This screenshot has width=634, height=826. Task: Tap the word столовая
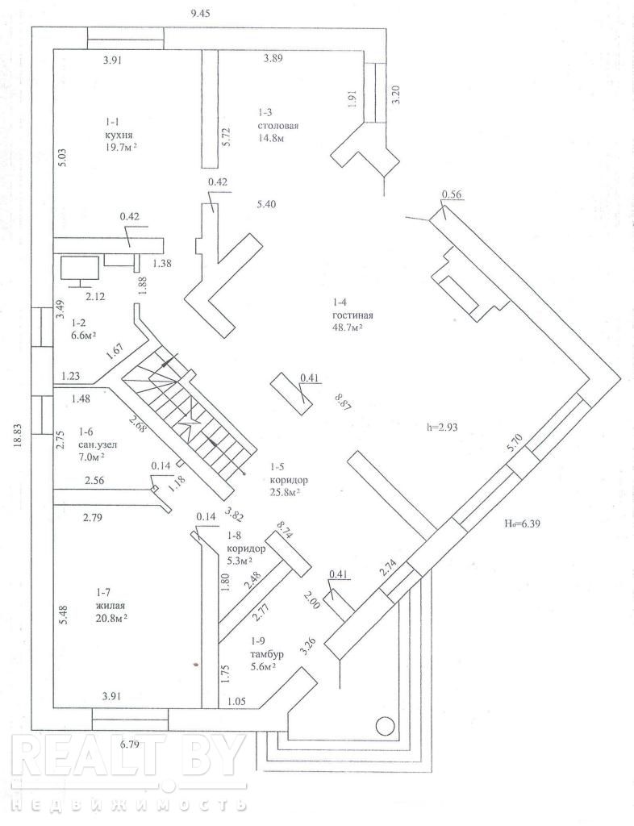[x=279, y=127]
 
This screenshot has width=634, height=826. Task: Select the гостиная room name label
[x=352, y=315]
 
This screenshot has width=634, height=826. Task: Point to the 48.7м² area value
[x=352, y=328]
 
